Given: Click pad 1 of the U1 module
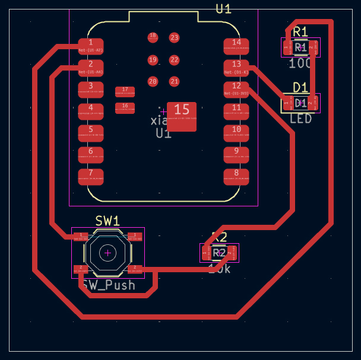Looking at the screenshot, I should tap(91, 45).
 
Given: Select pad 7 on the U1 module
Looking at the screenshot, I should tap(91, 176).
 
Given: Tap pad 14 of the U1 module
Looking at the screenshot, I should tap(236, 45).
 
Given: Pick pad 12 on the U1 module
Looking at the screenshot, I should tap(236, 89).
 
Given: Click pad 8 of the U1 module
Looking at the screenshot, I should tap(236, 176).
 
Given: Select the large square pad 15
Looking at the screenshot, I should tap(182, 116).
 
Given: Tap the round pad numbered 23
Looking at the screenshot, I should tap(174, 38).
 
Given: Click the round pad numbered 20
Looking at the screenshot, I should tap(153, 81).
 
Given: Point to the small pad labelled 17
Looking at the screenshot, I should tap(125, 91).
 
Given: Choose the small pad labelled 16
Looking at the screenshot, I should tap(125, 108).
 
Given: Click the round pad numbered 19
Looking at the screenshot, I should tap(153, 60).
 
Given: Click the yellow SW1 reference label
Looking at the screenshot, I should tap(107, 221).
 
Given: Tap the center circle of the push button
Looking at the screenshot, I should tap(107, 253).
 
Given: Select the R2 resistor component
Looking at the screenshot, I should tap(219, 253).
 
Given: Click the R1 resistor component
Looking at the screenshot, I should tap(300, 47).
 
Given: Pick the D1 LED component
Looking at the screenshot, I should tap(300, 103).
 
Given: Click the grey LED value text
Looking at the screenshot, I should tap(300, 119).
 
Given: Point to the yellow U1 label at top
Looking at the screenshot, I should tap(223, 8).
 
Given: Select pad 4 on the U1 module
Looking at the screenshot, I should tap(91, 110).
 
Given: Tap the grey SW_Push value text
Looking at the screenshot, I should tap(109, 285).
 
